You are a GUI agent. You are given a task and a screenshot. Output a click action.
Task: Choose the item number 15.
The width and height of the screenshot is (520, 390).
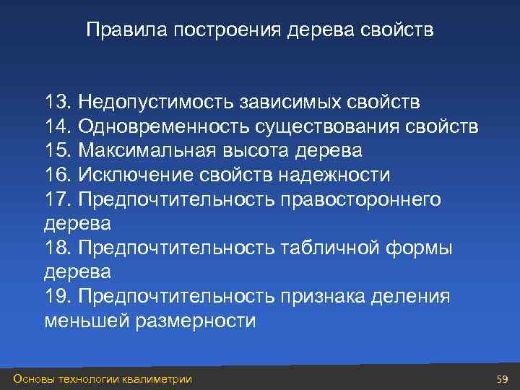coord(57,151)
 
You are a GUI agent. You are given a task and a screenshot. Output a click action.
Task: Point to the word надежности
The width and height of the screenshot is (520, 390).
coord(334,175)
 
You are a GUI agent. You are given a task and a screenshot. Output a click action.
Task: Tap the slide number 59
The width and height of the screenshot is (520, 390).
coord(503,378)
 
